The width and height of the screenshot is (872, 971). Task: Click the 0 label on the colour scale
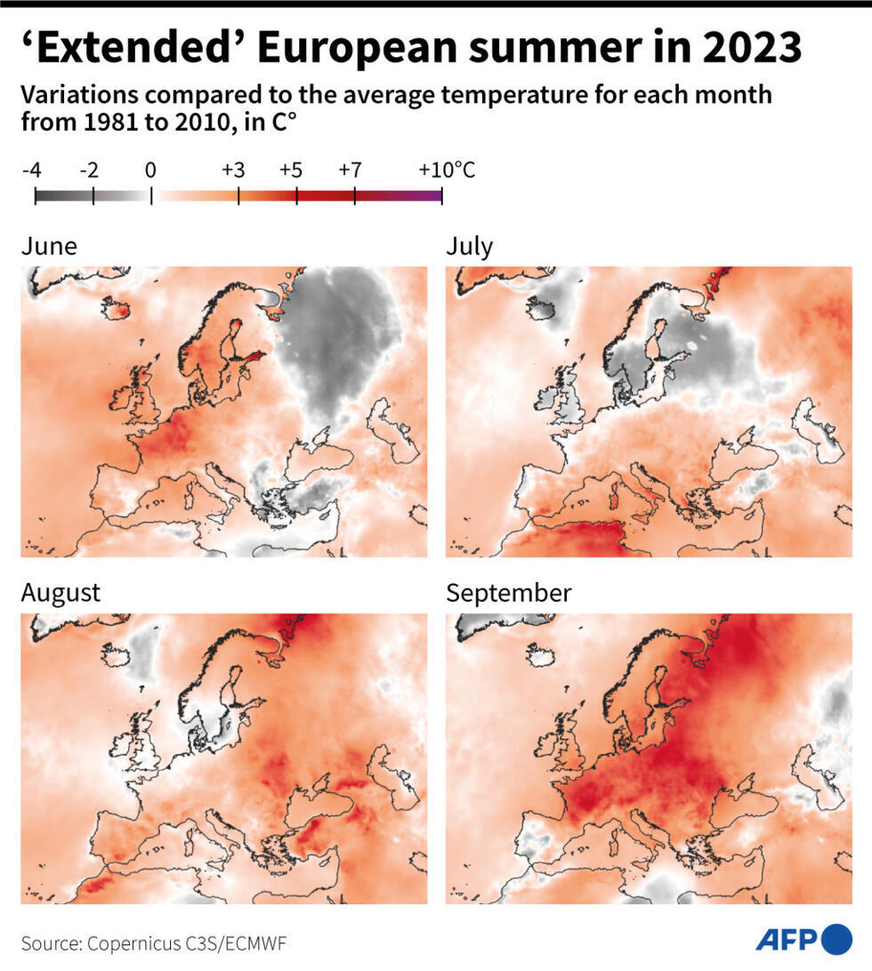[x=151, y=169]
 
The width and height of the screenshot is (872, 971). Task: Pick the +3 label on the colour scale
[x=233, y=169]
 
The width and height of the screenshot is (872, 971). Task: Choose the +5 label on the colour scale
[x=292, y=169]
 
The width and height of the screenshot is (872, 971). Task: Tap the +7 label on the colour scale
[x=351, y=169]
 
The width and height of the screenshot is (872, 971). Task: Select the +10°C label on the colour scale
[x=447, y=169]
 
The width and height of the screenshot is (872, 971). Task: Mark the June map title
[x=49, y=246]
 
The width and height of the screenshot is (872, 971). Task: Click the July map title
[x=469, y=246]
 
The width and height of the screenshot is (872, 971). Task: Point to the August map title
[x=61, y=593]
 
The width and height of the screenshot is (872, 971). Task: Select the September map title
[x=508, y=593]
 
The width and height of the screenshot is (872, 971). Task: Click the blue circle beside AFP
[x=837, y=939]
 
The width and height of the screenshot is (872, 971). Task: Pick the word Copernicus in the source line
[x=126, y=943]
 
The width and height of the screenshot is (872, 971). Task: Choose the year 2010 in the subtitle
[x=185, y=123]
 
